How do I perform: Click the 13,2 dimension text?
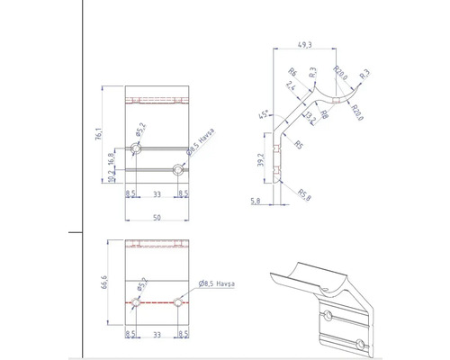309,119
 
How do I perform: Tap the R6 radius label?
292,74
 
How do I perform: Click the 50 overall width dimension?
157,218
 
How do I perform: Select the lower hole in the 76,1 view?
178,168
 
